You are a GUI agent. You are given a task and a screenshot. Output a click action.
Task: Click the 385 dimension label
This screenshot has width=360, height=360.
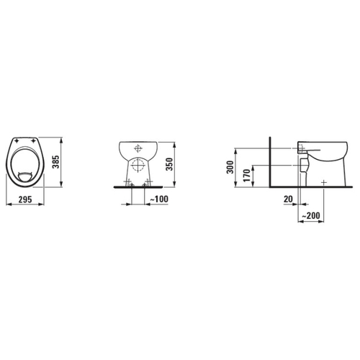[x=55, y=162]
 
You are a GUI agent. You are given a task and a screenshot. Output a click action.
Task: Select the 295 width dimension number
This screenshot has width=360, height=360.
[x=25, y=199]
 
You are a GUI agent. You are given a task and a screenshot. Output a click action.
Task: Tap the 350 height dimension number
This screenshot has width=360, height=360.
[x=169, y=164]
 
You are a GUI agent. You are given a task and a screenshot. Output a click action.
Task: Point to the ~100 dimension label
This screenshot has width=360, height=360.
[x=159, y=199]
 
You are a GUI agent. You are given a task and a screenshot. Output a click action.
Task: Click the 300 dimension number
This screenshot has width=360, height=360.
[x=230, y=167]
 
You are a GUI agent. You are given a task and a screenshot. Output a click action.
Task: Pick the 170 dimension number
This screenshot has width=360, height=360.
[x=246, y=175]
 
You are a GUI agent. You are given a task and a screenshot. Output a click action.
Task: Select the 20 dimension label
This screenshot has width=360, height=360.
[x=288, y=199]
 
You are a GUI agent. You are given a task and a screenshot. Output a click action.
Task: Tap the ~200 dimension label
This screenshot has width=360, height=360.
[x=311, y=215]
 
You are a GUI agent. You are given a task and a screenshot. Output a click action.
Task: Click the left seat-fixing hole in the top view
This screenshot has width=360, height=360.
[x=17, y=141]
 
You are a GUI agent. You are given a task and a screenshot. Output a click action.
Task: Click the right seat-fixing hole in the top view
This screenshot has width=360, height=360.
[x=33, y=141]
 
